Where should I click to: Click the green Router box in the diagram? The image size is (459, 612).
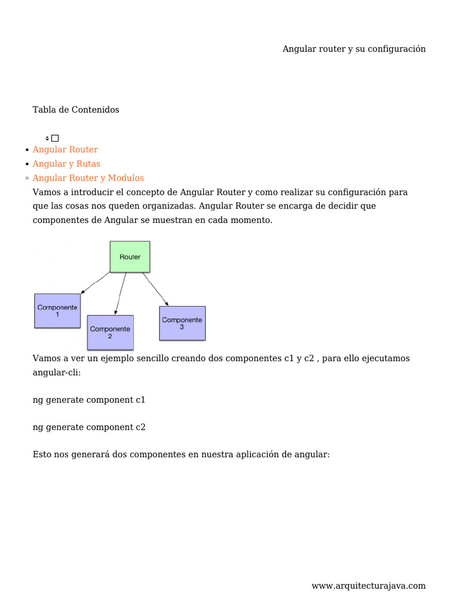point(130,256)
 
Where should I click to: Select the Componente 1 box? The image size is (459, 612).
point(57,311)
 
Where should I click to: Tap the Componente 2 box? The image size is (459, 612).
point(110,332)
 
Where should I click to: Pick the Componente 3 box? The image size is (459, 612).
point(182,323)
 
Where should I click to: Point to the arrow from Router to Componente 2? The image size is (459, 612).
point(120,293)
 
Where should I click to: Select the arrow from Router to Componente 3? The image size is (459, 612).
point(154,288)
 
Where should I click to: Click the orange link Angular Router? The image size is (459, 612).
point(65,149)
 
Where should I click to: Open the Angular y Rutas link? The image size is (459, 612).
point(66,164)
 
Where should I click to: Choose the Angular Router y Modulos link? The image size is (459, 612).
point(88,178)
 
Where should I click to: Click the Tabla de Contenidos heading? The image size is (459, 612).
point(76,110)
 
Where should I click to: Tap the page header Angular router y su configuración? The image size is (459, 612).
point(354,49)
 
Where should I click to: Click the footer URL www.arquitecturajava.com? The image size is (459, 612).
point(368,586)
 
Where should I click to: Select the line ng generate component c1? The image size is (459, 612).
point(89,400)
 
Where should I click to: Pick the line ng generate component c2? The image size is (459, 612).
point(89,427)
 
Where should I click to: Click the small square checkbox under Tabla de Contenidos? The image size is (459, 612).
point(55,138)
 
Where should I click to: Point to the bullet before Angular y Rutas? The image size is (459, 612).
point(27,164)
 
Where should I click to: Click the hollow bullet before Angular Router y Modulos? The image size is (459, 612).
point(27,179)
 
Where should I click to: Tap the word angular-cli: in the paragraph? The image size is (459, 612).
point(56,372)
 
